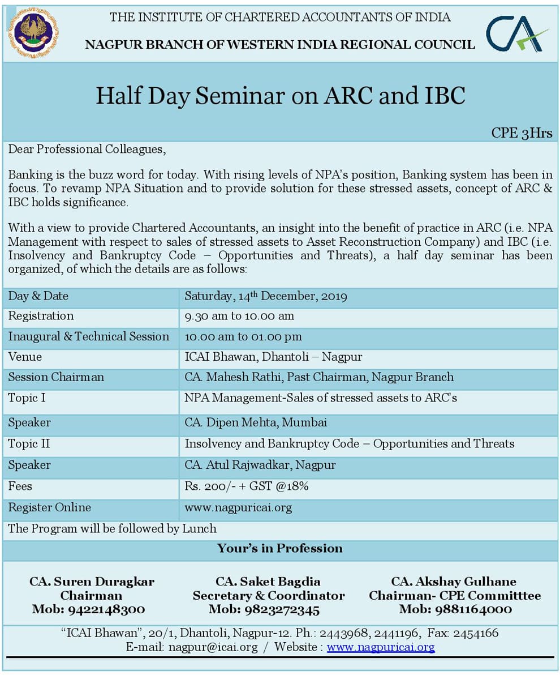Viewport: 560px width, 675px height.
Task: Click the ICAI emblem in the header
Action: point(33,32)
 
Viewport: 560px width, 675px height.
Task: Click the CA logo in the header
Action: point(516,33)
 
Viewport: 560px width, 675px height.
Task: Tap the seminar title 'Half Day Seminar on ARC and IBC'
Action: point(280,96)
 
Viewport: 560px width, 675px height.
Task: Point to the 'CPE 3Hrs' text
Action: point(522,133)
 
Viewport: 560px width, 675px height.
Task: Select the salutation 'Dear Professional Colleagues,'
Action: point(87,150)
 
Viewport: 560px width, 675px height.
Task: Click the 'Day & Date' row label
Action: point(38,296)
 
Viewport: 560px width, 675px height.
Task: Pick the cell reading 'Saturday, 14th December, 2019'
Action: point(266,296)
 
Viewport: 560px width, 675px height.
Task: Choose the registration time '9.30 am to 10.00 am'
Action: point(239,316)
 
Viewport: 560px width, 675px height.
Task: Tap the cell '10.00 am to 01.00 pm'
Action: point(243,337)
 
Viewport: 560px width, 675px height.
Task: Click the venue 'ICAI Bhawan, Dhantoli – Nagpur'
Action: point(273,357)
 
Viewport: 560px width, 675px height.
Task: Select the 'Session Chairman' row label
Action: point(56,377)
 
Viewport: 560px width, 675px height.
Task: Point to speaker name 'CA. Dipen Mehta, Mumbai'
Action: point(256,422)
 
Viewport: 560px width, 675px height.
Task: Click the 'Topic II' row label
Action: point(29,444)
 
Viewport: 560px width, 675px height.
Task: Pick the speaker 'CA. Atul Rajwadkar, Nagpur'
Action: point(260,465)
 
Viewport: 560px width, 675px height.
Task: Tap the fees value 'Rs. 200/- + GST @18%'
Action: point(247,486)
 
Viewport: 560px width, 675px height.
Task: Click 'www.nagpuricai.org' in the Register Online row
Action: point(238,507)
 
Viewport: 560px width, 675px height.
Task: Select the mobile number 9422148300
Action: point(88,610)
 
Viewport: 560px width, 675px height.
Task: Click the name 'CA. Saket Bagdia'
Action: point(268,582)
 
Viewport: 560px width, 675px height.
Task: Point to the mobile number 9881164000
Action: point(455,610)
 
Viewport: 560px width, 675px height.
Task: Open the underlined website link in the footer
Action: point(381,647)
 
